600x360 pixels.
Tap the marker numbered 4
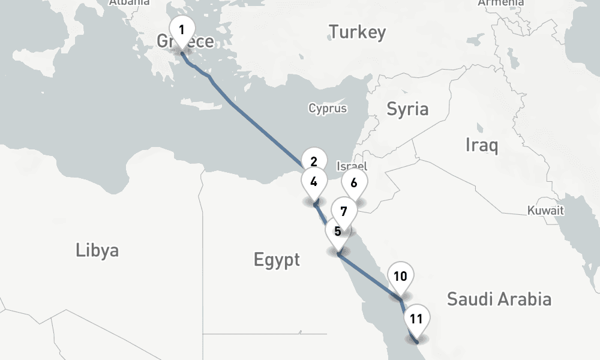314,181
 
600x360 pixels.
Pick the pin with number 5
338,232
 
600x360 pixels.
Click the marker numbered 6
353,183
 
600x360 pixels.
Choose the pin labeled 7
343,211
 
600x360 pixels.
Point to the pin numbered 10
400,276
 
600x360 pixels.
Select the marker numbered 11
416,319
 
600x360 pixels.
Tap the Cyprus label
328,109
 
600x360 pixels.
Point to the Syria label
407,109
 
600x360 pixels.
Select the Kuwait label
545,211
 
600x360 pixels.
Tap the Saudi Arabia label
499,298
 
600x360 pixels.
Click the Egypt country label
277,260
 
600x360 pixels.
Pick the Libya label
97,250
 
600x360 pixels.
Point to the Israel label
352,166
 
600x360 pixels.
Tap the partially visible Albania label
129,2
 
